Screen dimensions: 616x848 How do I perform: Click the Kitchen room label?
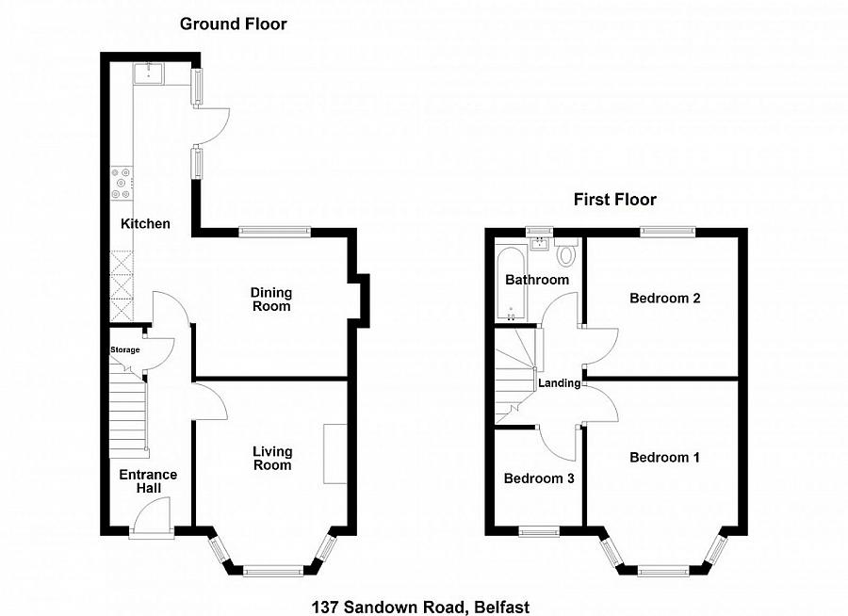pos(145,224)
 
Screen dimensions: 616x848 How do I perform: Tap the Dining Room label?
pos(271,300)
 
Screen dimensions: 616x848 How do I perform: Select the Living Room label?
pos(271,459)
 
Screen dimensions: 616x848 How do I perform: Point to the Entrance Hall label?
pos(148,481)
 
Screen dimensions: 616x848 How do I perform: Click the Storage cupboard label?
pos(125,350)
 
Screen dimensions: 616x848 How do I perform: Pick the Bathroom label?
pos(537,280)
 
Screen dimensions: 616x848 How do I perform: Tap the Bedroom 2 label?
pos(664,299)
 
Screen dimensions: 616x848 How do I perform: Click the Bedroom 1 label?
pos(664,458)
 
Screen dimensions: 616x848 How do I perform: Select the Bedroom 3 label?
pos(539,478)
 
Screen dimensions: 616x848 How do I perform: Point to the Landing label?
pos(559,383)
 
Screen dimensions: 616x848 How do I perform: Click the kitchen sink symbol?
pos(149,73)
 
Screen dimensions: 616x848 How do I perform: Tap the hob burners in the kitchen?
pos(122,183)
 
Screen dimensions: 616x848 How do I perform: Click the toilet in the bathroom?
pos(566,252)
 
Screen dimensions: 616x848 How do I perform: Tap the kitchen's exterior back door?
pos(214,123)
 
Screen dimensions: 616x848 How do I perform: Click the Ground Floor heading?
pos(234,24)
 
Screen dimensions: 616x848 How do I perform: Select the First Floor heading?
pos(615,200)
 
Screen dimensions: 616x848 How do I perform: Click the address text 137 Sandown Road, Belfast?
pos(427,608)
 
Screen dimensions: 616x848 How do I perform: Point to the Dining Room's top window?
pos(274,231)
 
